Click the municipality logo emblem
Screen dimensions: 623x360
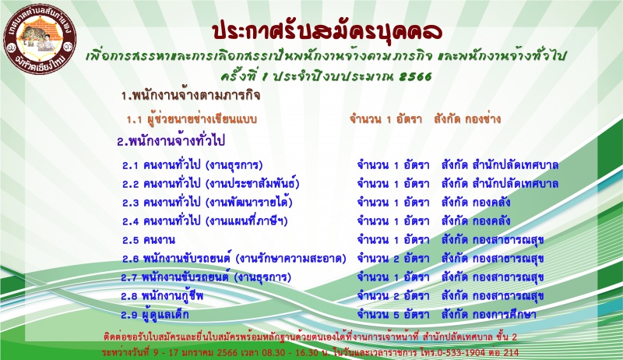click(40, 40)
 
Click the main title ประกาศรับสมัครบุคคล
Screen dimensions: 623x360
click(327, 32)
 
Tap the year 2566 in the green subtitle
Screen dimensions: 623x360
click(415, 76)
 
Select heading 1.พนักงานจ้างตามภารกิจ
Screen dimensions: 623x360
click(191, 96)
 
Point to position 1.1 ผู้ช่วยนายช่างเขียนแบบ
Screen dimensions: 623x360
click(192, 118)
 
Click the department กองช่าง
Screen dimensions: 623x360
click(480, 118)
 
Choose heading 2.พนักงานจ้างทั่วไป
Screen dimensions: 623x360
click(171, 141)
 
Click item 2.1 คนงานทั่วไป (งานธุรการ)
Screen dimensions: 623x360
click(192, 165)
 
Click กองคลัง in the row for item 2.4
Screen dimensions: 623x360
click(491, 221)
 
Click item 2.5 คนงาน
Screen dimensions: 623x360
click(149, 240)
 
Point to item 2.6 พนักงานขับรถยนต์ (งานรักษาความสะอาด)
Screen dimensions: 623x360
click(234, 259)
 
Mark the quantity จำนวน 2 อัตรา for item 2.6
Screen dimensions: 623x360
click(393, 259)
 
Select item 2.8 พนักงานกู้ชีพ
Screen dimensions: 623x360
click(163, 296)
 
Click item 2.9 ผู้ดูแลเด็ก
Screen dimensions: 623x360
click(155, 315)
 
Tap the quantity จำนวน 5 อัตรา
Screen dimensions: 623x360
click(393, 315)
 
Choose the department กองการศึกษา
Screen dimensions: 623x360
click(505, 315)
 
